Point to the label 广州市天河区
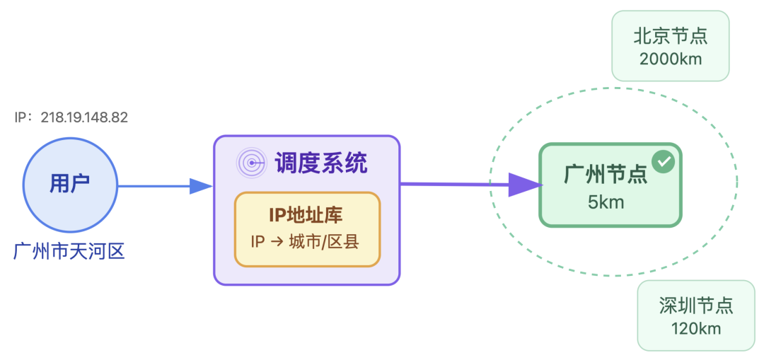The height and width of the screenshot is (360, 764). [69, 250]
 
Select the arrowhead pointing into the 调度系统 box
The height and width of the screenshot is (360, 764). [201, 186]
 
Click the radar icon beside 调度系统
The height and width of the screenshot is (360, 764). [250, 163]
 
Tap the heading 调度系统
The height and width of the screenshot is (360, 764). [321, 163]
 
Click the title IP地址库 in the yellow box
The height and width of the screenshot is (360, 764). [307, 214]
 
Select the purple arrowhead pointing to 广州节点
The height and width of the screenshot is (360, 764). [526, 185]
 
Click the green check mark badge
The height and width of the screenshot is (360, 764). [663, 162]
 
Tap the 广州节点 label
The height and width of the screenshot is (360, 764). [606, 174]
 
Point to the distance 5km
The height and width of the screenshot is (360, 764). [606, 202]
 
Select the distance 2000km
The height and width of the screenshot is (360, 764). [670, 58]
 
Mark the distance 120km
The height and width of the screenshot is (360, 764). [696, 328]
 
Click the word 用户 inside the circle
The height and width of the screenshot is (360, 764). [69, 183]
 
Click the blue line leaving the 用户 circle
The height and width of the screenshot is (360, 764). [152, 186]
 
